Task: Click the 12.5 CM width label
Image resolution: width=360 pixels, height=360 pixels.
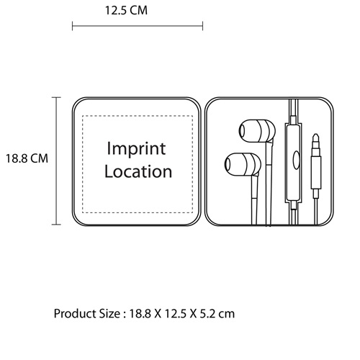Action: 126,10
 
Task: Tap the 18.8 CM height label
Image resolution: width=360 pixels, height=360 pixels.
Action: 27,158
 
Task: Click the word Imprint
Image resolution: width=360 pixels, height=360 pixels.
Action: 136,149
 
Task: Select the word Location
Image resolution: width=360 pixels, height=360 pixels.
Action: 138,171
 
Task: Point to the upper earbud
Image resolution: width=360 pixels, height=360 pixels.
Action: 257,131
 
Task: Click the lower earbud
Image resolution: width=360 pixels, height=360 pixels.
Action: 243,164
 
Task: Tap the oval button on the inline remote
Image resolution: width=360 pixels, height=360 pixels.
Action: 297,160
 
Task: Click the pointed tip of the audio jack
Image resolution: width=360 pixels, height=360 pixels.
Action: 316,135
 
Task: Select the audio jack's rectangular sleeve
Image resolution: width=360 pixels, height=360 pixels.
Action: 316,172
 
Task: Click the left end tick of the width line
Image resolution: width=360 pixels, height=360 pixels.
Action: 73,26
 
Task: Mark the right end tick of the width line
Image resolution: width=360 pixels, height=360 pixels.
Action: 203,26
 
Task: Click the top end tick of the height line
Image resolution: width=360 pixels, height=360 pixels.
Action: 56,98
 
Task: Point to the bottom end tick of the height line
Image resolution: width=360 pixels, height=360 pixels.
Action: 56,225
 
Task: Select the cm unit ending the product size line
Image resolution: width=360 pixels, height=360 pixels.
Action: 227,315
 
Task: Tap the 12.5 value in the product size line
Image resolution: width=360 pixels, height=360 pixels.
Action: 175,313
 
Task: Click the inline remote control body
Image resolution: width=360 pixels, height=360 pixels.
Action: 293,163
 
